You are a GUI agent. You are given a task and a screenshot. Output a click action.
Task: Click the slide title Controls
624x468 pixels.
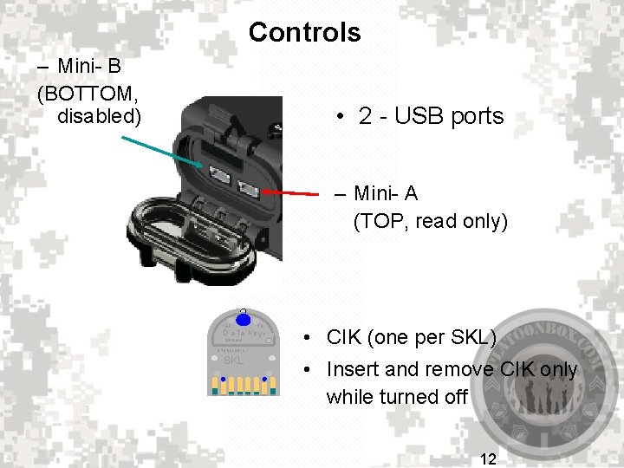(304, 33)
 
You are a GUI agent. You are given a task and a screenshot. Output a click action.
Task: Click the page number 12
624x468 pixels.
(488, 458)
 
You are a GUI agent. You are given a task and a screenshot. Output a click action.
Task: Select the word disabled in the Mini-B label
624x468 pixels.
(97, 114)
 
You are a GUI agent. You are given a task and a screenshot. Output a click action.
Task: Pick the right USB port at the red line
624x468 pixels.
(250, 188)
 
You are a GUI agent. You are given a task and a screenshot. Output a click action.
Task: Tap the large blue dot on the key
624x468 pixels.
(244, 315)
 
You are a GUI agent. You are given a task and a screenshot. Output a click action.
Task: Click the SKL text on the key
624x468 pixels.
(234, 360)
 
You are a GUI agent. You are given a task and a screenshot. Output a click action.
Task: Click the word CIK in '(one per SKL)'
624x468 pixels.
(344, 337)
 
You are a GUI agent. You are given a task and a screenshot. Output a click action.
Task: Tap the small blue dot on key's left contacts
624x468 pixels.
(223, 380)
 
